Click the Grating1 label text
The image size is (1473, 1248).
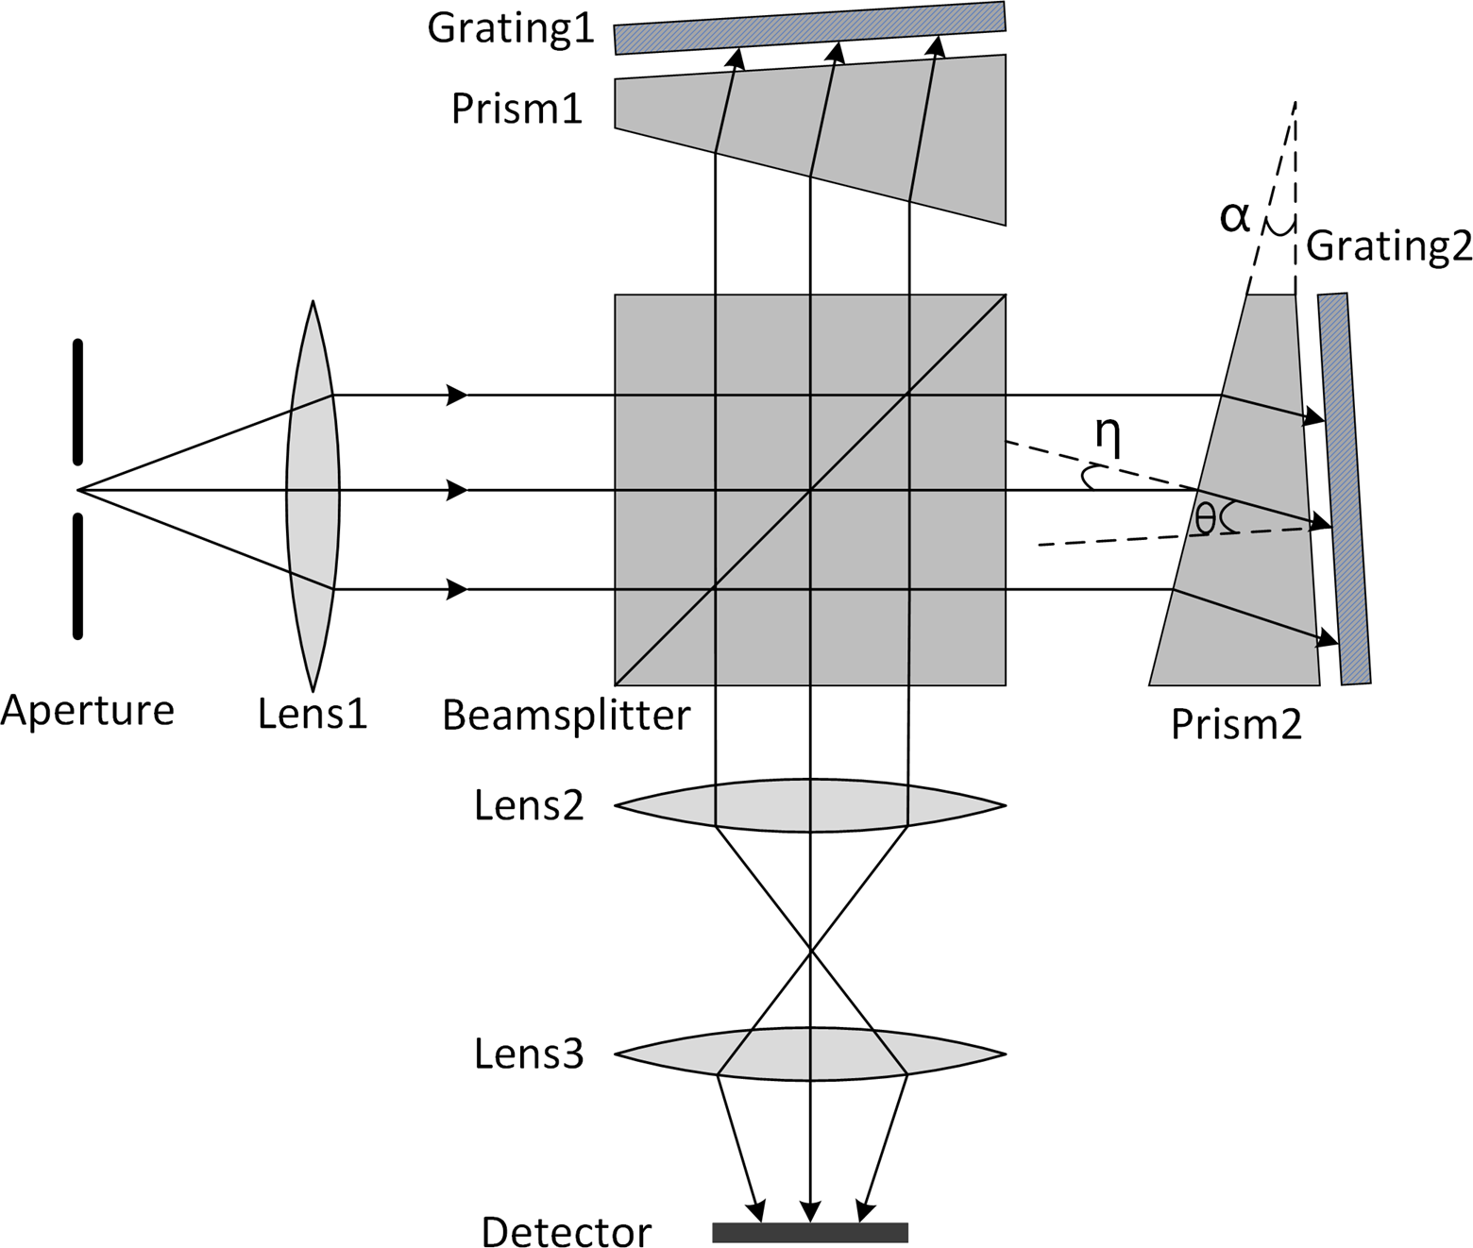511,28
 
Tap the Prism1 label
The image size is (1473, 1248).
517,110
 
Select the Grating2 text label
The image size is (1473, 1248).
1389,245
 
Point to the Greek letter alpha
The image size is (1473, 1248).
1235,217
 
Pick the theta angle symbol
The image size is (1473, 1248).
1205,517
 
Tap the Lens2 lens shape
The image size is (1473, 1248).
810,805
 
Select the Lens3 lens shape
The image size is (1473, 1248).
810,1053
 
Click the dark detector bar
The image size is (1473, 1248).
810,1232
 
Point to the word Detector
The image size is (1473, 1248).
566,1231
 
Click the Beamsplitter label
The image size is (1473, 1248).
567,716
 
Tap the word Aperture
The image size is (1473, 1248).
88,710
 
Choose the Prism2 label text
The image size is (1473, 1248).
1236,725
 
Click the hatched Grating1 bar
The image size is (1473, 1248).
810,27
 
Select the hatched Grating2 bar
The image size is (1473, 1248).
1345,489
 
